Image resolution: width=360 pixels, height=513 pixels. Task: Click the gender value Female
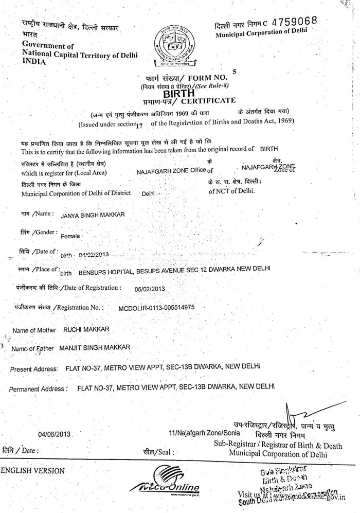(x=70, y=236)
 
